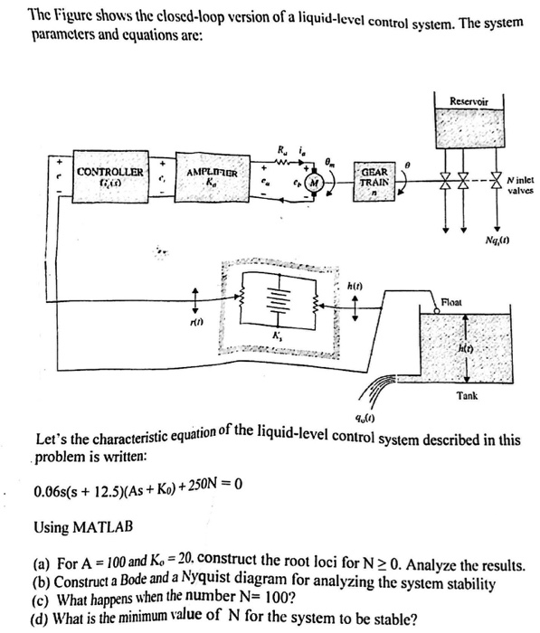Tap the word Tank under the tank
point(468,395)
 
